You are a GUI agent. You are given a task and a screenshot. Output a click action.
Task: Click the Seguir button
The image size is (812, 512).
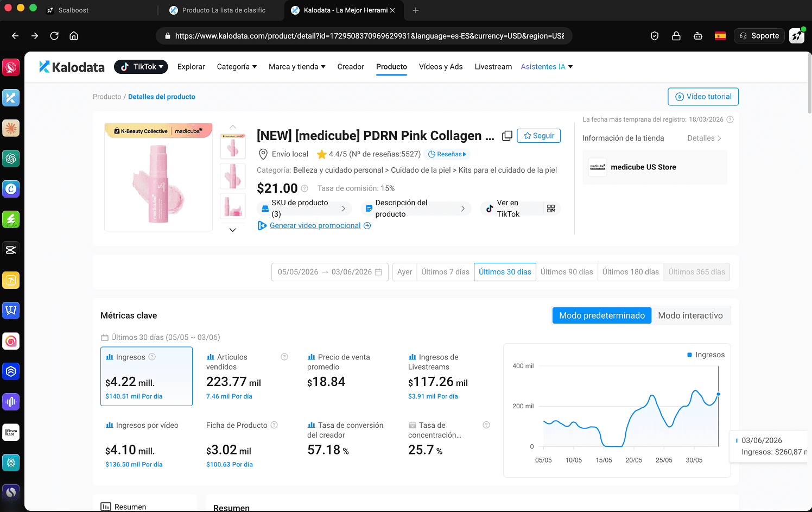click(538, 136)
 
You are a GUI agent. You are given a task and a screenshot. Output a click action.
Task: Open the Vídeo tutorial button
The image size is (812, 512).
click(703, 97)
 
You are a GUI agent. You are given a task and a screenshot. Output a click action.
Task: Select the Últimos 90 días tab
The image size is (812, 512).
click(567, 272)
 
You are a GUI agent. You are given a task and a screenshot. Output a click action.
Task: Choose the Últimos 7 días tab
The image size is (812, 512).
click(445, 272)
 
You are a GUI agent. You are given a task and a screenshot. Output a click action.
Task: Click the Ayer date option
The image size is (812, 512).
click(404, 272)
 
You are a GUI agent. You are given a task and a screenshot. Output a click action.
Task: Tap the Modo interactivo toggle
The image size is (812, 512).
click(690, 315)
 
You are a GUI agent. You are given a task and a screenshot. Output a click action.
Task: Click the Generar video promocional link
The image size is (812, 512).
click(315, 225)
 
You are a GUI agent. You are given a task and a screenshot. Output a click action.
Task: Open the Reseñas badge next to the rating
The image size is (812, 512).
click(447, 154)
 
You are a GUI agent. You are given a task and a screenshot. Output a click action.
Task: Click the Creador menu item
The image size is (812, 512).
click(351, 67)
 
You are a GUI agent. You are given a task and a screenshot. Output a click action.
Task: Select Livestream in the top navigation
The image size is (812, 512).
click(493, 67)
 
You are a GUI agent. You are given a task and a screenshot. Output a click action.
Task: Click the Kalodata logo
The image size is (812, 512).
click(72, 67)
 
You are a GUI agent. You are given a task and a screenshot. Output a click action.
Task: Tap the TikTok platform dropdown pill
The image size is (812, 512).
click(141, 67)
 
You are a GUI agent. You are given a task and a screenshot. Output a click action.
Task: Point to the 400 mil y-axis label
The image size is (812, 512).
click(523, 366)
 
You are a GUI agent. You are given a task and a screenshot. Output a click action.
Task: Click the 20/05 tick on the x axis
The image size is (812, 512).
click(633, 460)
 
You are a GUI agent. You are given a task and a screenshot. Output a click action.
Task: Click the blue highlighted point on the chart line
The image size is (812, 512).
click(718, 394)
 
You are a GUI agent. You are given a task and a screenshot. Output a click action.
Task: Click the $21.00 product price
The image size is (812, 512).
click(277, 188)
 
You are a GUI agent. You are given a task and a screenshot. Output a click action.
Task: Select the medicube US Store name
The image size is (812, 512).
click(643, 167)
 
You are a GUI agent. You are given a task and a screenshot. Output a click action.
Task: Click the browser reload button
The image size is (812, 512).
click(54, 36)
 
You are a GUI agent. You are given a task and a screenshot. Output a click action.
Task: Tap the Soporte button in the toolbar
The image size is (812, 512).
click(759, 36)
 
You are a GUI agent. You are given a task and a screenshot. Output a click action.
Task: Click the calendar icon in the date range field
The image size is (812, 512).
click(378, 272)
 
